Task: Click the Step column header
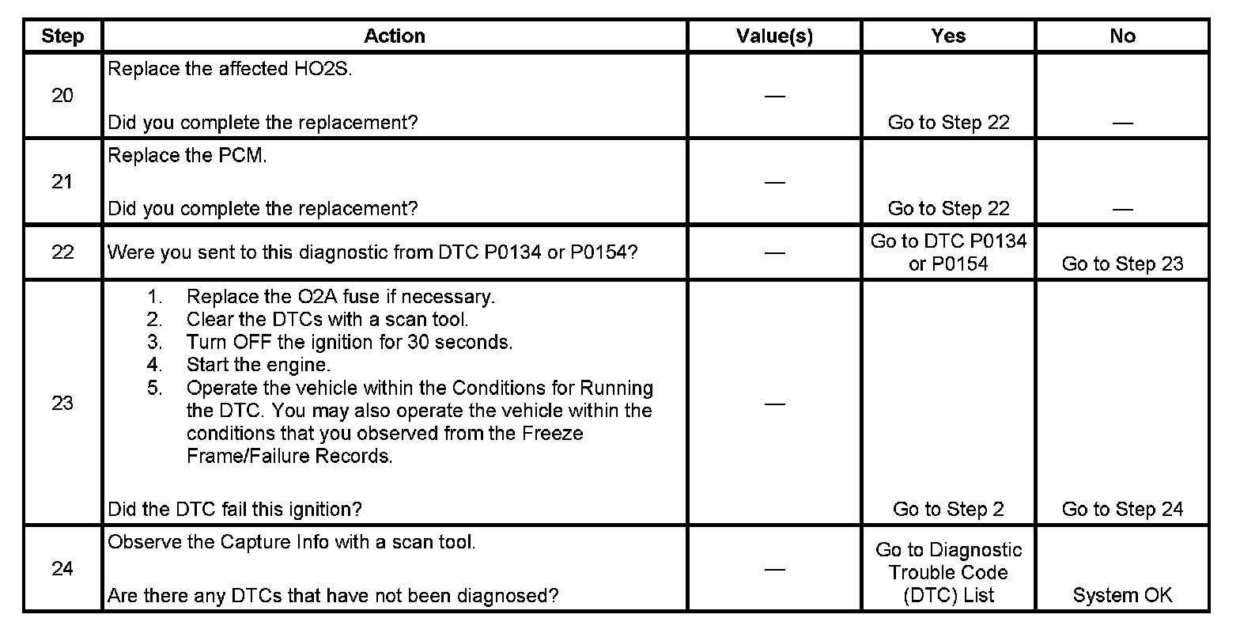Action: click(x=62, y=36)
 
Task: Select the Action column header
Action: click(x=395, y=36)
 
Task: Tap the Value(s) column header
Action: click(x=774, y=36)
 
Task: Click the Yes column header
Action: click(x=948, y=36)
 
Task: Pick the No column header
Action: click(x=1122, y=36)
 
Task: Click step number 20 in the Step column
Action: click(x=62, y=96)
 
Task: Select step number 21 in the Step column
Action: click(x=62, y=182)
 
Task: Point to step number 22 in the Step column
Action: click(x=62, y=252)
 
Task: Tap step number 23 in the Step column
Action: click(x=62, y=403)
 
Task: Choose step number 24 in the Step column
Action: click(x=62, y=569)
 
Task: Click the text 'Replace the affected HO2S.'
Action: click(x=229, y=69)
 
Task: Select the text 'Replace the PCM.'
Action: click(x=187, y=156)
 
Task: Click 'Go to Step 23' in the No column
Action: click(x=1122, y=264)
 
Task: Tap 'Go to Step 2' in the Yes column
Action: click(x=948, y=510)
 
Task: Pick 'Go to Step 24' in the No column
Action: click(x=1122, y=510)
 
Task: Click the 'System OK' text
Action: click(x=1122, y=595)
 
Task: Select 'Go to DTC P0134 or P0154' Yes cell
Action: click(x=948, y=252)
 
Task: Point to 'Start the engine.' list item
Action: click(x=259, y=365)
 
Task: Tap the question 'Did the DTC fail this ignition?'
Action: click(x=235, y=510)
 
